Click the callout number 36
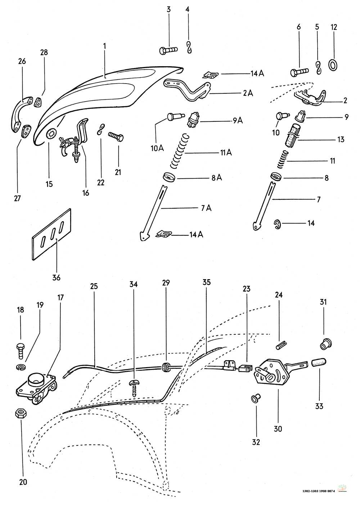(x=56, y=277)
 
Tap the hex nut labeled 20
(x=20, y=414)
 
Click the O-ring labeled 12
(x=333, y=66)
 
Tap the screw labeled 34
(x=134, y=389)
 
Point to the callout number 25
(x=94, y=287)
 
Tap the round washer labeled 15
(x=51, y=134)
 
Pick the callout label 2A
(x=248, y=93)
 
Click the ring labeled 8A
(x=169, y=177)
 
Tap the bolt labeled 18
(x=21, y=349)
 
